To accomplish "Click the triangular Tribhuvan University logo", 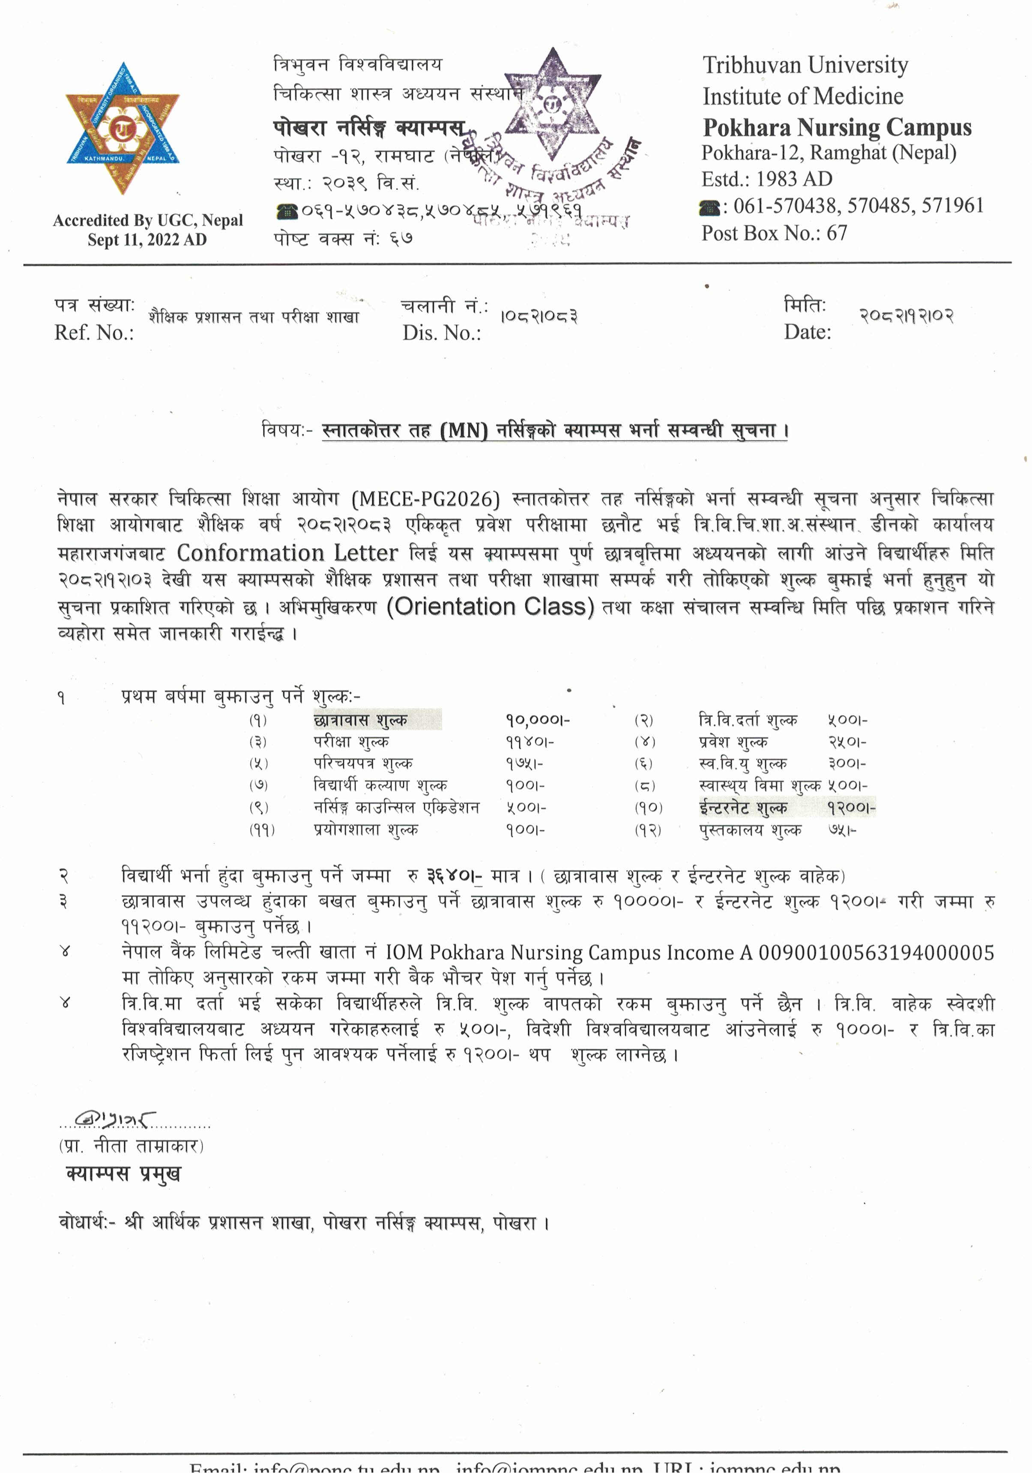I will [122, 128].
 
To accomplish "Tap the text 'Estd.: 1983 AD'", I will [766, 179].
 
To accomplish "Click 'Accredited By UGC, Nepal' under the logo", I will [147, 220].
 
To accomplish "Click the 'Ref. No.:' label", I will [94, 332].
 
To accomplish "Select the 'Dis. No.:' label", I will [441, 332].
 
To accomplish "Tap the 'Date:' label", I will [807, 332].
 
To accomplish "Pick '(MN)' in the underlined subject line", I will [464, 430].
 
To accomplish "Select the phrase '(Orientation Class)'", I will [491, 606].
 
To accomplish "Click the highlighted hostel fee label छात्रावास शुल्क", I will [360, 720].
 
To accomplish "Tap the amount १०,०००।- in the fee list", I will [537, 720].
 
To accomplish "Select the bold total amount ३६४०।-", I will [454, 876].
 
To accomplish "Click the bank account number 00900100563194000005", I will [876, 953].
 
